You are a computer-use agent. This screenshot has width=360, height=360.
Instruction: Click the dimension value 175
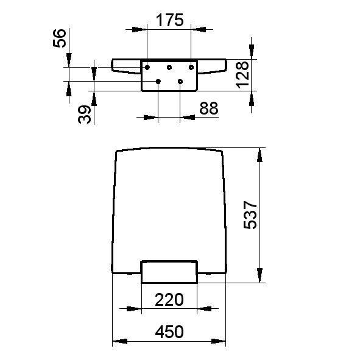169,20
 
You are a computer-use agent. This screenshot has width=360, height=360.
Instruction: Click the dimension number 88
208,108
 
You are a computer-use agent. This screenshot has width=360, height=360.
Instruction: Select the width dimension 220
169,300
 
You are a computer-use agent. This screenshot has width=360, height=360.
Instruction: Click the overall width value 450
169,332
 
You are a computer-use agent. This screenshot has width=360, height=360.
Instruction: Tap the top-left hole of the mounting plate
147,66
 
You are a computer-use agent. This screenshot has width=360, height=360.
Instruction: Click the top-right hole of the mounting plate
191,66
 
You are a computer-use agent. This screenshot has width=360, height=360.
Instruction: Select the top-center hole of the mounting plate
169,66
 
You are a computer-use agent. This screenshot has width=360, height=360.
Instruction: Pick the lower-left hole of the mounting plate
158,81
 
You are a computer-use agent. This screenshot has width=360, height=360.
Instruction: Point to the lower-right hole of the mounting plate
180,81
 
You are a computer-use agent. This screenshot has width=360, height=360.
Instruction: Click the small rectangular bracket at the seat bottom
169,272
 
